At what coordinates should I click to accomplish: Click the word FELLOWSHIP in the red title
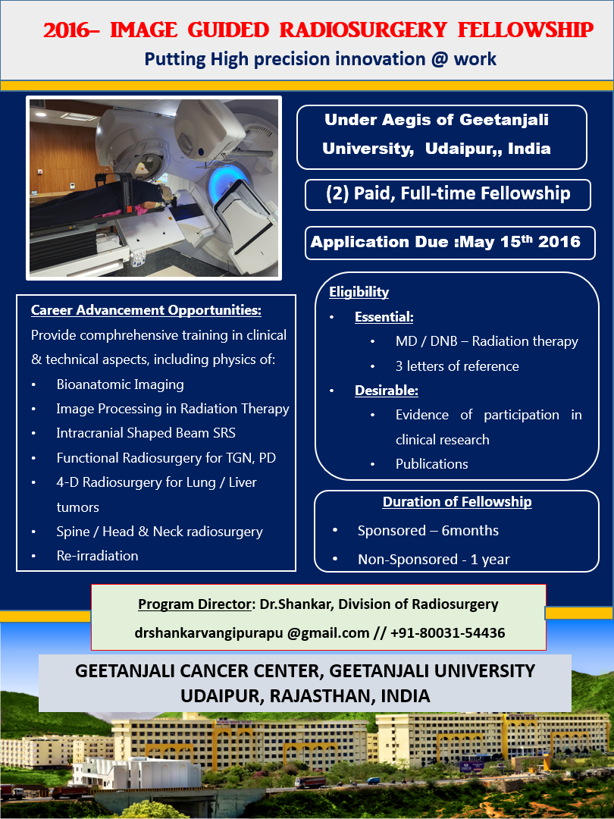point(526,30)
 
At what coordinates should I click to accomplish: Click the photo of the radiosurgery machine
point(154,187)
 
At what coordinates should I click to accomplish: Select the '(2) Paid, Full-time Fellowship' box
point(447,193)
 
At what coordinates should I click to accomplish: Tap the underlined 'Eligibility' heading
point(359,292)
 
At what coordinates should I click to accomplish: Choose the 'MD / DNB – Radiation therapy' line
point(486,341)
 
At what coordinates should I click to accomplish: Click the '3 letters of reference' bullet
point(456,366)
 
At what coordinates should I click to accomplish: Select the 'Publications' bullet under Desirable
point(431,463)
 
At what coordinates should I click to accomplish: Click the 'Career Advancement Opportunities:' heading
point(146,310)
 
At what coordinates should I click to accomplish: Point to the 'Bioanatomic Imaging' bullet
point(120,384)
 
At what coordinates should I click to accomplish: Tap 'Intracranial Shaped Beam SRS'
point(146,433)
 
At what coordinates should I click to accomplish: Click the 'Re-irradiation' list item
point(97,555)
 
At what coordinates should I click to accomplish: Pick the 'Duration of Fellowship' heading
point(456,502)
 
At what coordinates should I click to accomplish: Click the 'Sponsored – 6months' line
point(428,530)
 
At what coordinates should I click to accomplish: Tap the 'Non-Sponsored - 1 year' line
point(433,560)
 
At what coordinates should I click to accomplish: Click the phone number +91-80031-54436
point(447,632)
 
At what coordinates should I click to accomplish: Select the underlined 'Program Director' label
point(193,604)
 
